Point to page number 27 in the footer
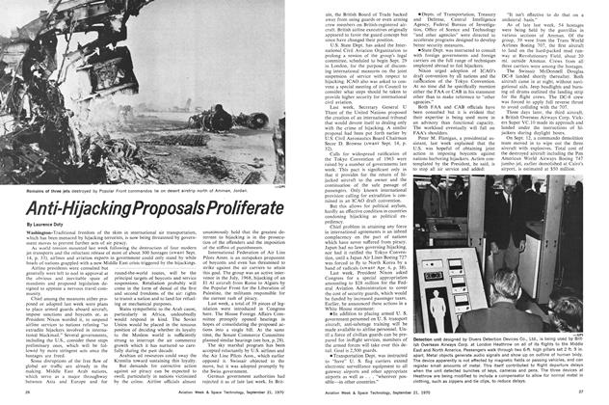click(x=596, y=394)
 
